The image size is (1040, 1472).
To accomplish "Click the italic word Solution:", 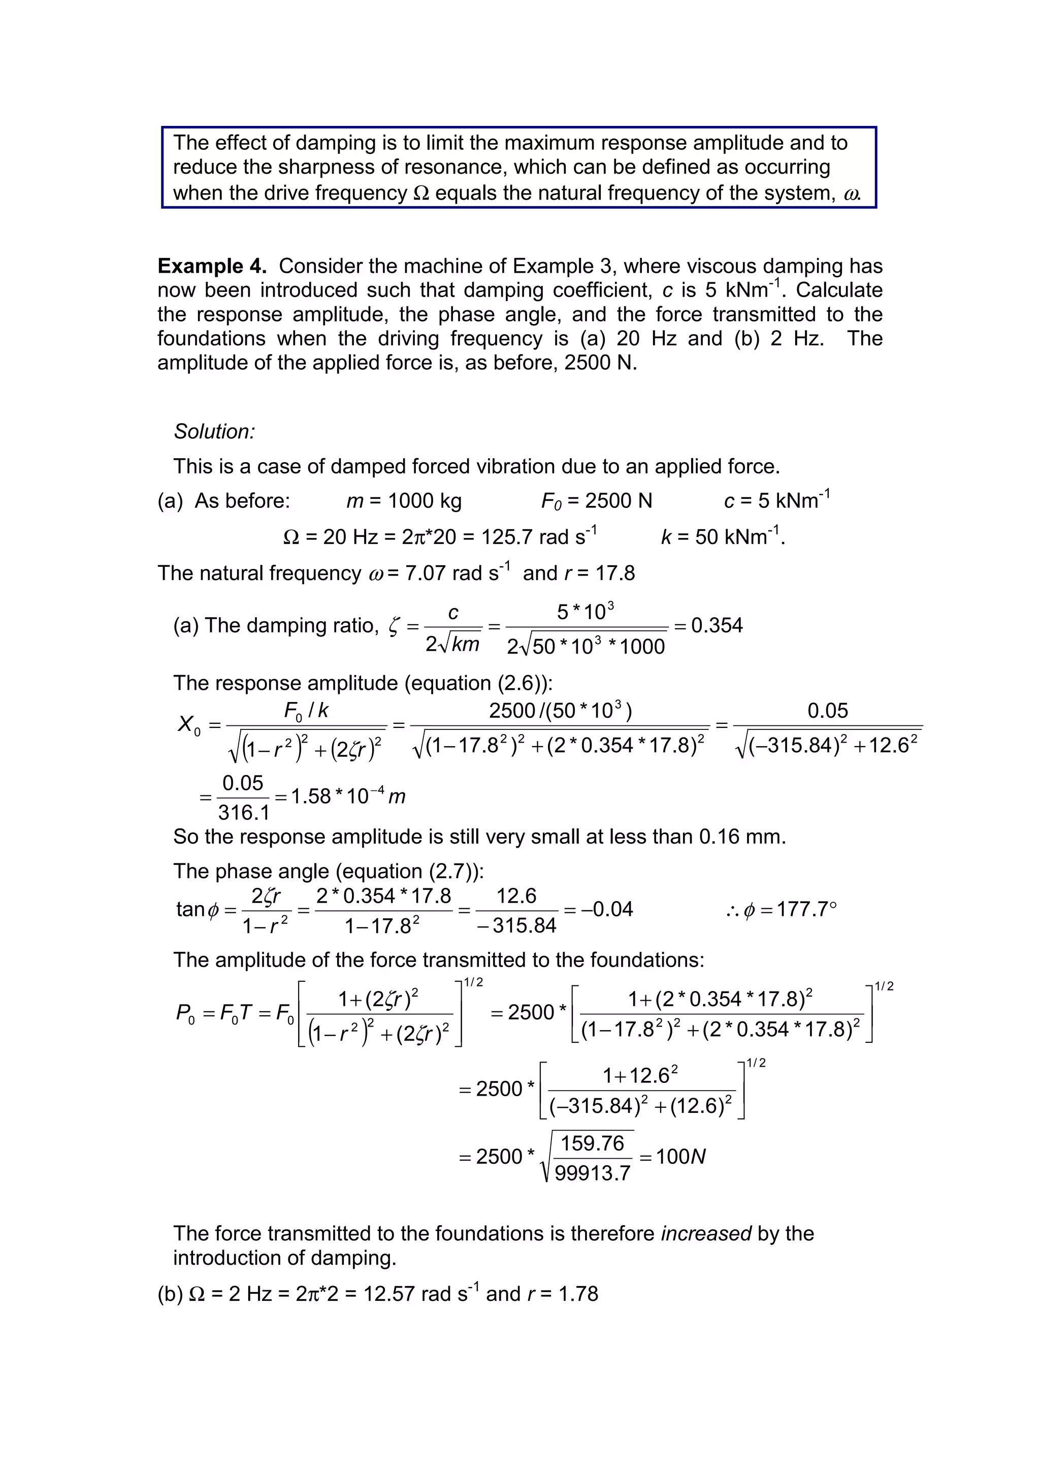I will [x=214, y=431].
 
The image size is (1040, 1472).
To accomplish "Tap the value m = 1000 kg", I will [x=404, y=501].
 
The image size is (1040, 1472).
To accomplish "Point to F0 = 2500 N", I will [x=596, y=501].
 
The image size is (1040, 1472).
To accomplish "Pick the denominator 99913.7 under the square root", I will [x=593, y=1173].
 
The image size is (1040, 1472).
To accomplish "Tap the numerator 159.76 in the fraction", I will [x=592, y=1143].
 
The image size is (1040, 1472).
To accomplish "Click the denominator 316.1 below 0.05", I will [x=244, y=813].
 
